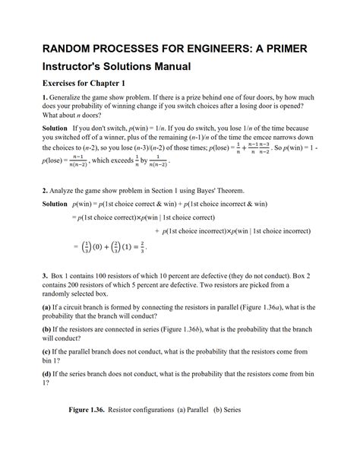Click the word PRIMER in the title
(x=280, y=49)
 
